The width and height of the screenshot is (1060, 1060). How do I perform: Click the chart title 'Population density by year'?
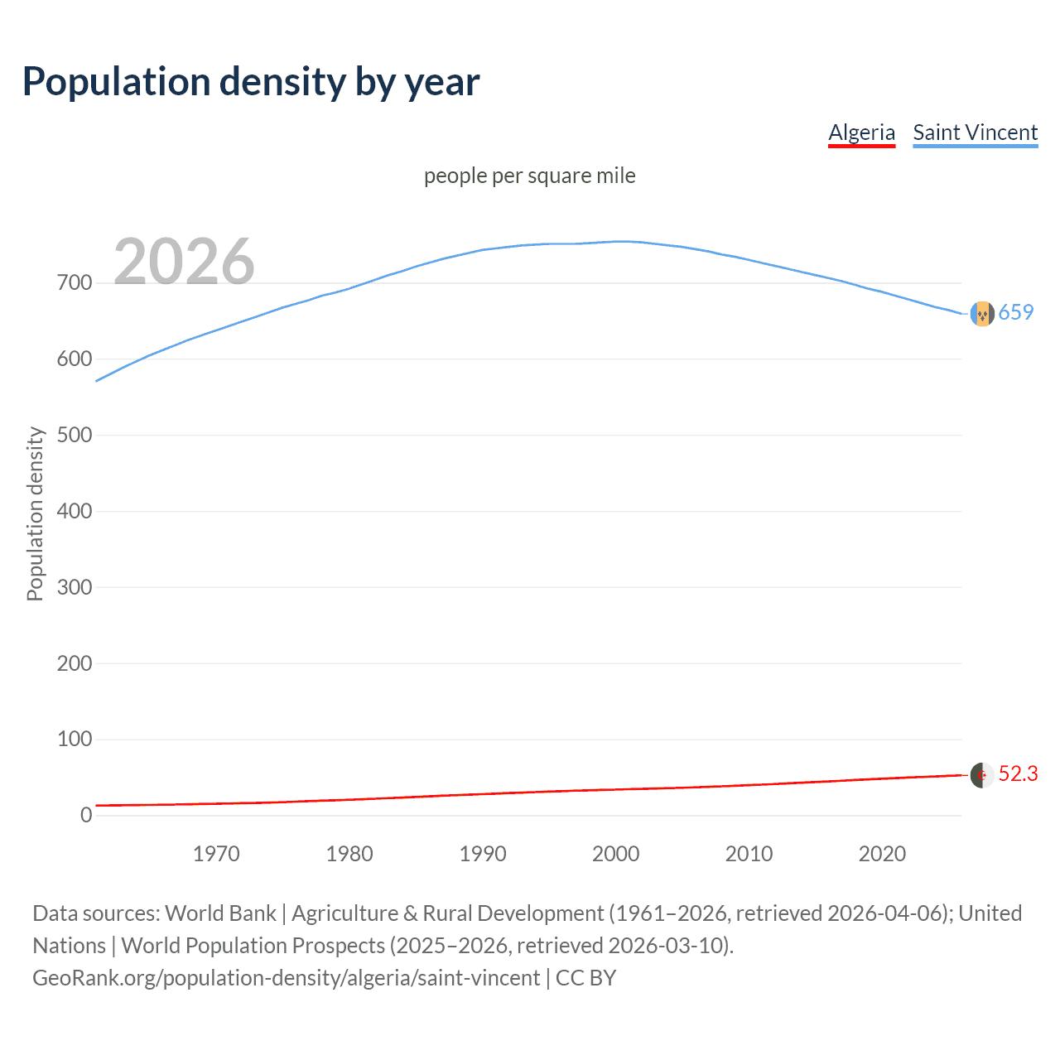[x=251, y=82]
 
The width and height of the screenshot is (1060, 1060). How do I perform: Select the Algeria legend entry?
[x=861, y=132]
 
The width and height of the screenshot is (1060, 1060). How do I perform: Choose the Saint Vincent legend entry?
[x=975, y=132]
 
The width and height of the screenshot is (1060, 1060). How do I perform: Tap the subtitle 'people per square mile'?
[x=529, y=176]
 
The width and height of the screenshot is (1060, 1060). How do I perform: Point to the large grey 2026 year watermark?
[x=184, y=262]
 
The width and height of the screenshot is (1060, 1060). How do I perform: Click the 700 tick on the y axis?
[x=75, y=283]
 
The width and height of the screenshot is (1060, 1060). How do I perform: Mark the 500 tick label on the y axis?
[x=75, y=436]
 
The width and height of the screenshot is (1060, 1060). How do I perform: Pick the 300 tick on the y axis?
[x=75, y=587]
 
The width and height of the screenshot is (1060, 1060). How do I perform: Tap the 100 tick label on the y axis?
[x=75, y=740]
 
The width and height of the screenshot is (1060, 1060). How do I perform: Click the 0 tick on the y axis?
[x=86, y=816]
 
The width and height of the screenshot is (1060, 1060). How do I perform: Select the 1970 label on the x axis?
[x=216, y=854]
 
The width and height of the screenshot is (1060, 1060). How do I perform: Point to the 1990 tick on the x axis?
[x=483, y=854]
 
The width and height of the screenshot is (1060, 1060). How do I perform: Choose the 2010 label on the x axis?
[x=749, y=854]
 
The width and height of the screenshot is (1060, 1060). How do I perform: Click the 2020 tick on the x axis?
[x=882, y=854]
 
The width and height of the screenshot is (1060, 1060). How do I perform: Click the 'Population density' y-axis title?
[x=35, y=513]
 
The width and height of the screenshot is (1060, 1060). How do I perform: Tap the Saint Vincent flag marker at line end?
[x=981, y=314]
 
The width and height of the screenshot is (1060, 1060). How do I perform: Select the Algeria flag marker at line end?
[x=981, y=775]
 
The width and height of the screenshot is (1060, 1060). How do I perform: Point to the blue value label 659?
[x=1016, y=312]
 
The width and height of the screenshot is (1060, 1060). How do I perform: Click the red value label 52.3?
[x=1018, y=773]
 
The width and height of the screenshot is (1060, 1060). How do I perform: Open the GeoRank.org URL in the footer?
[x=286, y=978]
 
